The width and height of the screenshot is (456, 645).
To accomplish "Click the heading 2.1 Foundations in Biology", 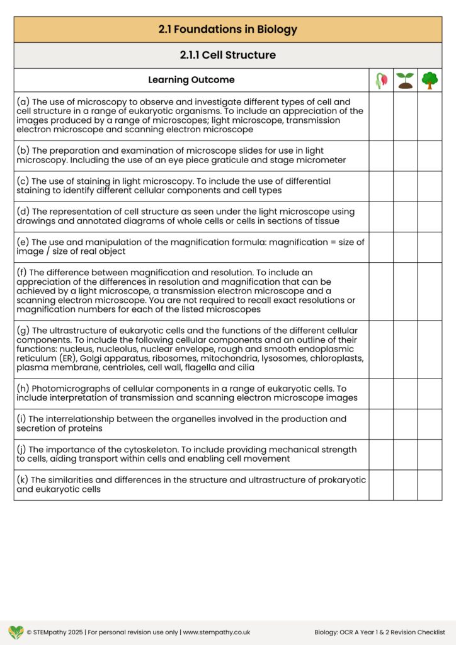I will [227, 29].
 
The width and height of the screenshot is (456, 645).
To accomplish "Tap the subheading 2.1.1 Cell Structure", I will [227, 55].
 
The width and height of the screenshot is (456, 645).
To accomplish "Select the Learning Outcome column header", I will [191, 80].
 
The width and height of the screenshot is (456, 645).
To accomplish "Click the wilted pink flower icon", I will [381, 80].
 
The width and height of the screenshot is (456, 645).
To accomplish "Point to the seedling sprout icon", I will [405, 80].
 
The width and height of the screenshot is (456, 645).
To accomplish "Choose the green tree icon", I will [430, 80].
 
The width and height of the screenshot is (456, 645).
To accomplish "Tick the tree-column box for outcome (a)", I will [430, 116].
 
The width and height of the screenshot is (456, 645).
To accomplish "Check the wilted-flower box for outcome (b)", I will [381, 156].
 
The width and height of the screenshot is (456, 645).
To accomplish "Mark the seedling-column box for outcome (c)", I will [405, 186].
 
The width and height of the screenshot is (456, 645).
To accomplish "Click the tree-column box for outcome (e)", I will [430, 247].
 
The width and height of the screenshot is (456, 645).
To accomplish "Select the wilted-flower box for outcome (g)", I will [381, 349].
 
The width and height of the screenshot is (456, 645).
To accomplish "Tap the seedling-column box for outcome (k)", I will [405, 484].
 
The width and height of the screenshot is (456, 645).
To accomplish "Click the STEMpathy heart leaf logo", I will [16, 632].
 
